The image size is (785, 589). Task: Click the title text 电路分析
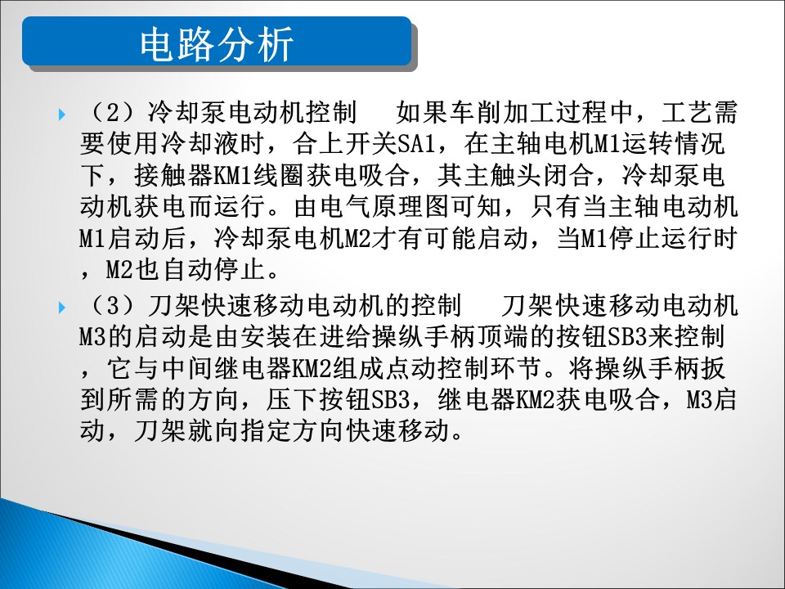[x=216, y=44]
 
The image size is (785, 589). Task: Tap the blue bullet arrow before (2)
[x=62, y=115]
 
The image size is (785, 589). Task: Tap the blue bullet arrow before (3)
[x=62, y=307]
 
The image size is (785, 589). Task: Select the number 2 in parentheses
[x=113, y=112]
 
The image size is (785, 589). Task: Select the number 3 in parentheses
[x=113, y=305]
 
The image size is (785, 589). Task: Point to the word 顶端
[x=503, y=337]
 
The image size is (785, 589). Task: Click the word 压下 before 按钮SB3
[x=292, y=401]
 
